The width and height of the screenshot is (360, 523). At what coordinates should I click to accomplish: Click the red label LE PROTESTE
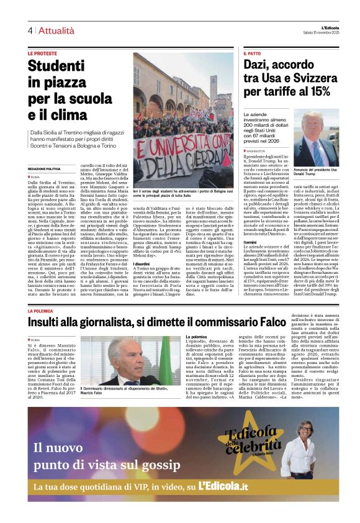point(43,53)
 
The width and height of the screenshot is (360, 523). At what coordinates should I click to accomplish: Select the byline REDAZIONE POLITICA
point(44,168)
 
